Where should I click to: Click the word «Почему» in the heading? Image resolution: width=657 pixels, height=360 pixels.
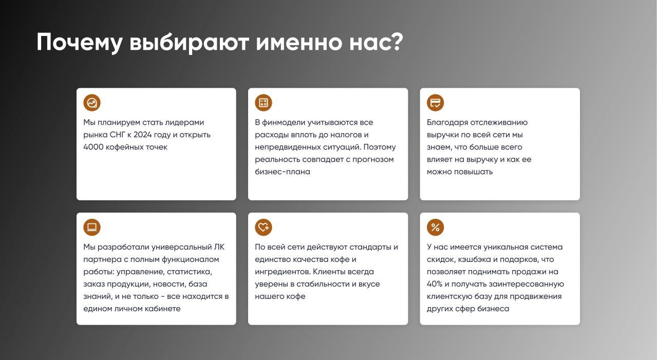[x=80, y=43]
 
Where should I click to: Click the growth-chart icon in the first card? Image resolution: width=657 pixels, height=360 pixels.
[x=92, y=103]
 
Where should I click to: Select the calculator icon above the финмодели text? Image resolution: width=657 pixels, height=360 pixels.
[x=264, y=103]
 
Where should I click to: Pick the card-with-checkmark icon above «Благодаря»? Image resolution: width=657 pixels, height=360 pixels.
[x=435, y=103]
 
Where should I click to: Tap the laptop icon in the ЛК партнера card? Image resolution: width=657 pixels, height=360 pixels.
[x=92, y=227]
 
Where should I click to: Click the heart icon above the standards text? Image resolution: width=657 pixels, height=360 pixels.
[x=264, y=227]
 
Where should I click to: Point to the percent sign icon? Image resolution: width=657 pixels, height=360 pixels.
[x=435, y=227]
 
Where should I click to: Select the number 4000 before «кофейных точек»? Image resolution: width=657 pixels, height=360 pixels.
[x=93, y=147]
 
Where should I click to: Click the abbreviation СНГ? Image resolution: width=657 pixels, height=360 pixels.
[x=117, y=135]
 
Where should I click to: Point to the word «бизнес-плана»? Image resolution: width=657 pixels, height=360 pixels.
[x=283, y=172]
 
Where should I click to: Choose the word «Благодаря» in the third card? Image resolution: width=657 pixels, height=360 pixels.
[x=447, y=123]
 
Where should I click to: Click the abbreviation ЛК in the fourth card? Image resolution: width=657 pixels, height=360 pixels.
[x=219, y=247]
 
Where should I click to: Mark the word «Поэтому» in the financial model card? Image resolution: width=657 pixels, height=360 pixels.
[x=380, y=147]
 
